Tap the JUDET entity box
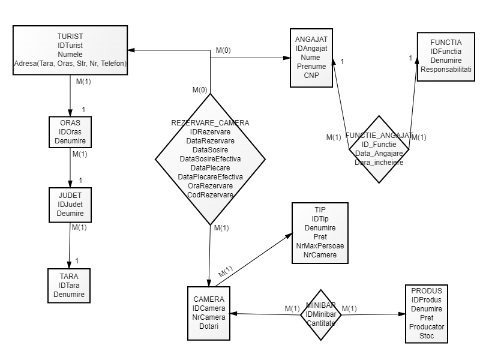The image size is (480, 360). pyautogui.click(x=70, y=205)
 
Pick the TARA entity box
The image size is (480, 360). pyautogui.click(x=70, y=285)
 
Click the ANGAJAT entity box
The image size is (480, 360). pyautogui.click(x=311, y=58)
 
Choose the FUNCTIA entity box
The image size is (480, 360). pyautogui.click(x=445, y=56)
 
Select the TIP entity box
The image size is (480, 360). pyautogui.click(x=319, y=232)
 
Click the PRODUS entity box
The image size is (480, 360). pyautogui.click(x=427, y=313)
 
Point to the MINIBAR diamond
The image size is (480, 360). pyautogui.click(x=320, y=314)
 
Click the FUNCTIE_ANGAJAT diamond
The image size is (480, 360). pyautogui.click(x=379, y=149)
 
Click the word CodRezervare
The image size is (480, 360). pyautogui.click(x=210, y=194)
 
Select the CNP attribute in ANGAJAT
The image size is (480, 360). pyautogui.click(x=311, y=76)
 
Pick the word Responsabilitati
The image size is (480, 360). pyautogui.click(x=446, y=70)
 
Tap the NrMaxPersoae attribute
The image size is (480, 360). pyautogui.click(x=319, y=247)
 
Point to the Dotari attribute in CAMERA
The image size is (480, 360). pyautogui.click(x=208, y=326)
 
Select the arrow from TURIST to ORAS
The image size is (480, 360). pyautogui.click(x=70, y=95)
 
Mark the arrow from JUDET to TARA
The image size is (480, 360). pyautogui.click(x=70, y=245)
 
